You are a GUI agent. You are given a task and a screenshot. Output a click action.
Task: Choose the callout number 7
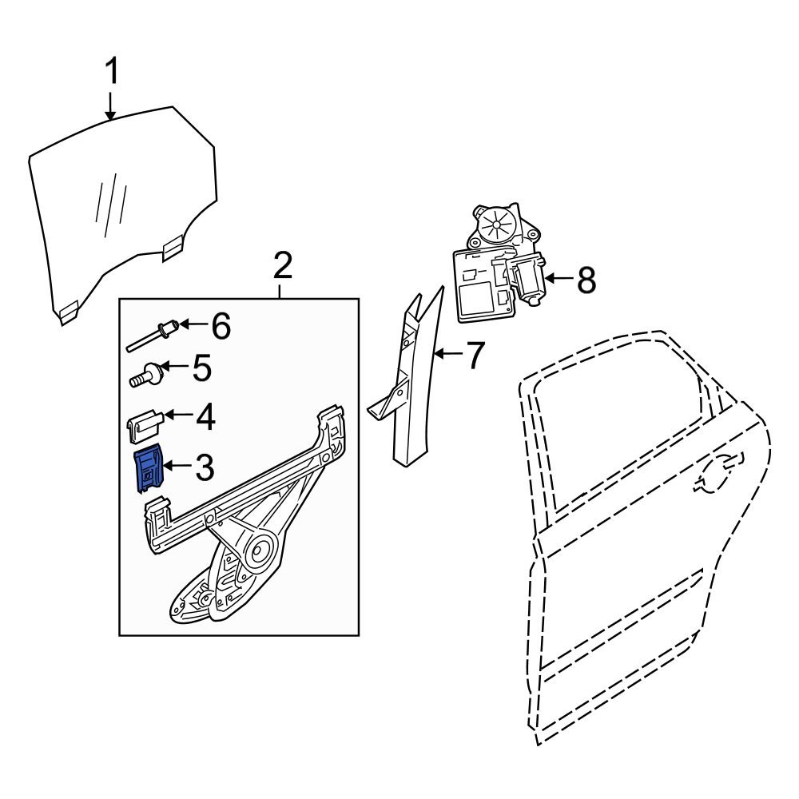click(x=475, y=356)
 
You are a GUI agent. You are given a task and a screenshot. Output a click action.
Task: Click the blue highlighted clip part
click(x=148, y=468)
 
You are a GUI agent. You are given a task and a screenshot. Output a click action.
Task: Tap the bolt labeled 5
click(x=146, y=374)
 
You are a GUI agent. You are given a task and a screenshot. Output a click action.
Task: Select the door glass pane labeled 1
click(x=120, y=208)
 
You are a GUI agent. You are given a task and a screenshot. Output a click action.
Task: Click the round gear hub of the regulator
click(x=259, y=551)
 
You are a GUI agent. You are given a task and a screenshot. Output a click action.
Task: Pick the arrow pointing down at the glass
click(x=112, y=106)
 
